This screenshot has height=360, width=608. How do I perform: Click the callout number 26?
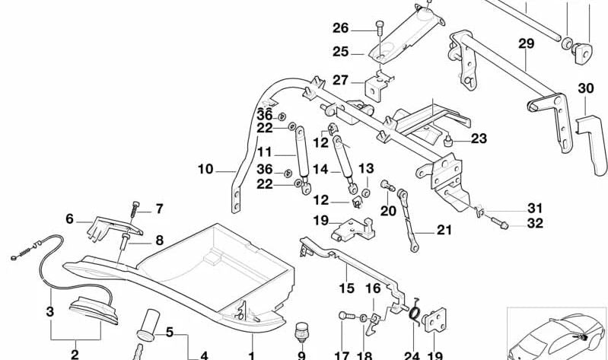tap(340, 29)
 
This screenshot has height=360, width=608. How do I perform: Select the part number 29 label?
tap(527, 44)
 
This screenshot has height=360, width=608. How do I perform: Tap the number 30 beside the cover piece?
tap(585, 89)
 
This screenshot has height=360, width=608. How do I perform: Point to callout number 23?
tap(478, 139)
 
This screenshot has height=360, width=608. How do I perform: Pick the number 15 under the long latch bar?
tap(346, 288)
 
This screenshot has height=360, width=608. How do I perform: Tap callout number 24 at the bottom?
tap(412, 354)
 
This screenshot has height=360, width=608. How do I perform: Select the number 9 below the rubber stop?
tap(301, 354)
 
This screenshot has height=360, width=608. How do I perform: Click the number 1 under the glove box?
tap(251, 354)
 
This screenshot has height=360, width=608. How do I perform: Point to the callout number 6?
tap(69, 218)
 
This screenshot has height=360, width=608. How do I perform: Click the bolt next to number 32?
tap(502, 224)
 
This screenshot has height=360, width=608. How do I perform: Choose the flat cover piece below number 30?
tap(591, 145)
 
